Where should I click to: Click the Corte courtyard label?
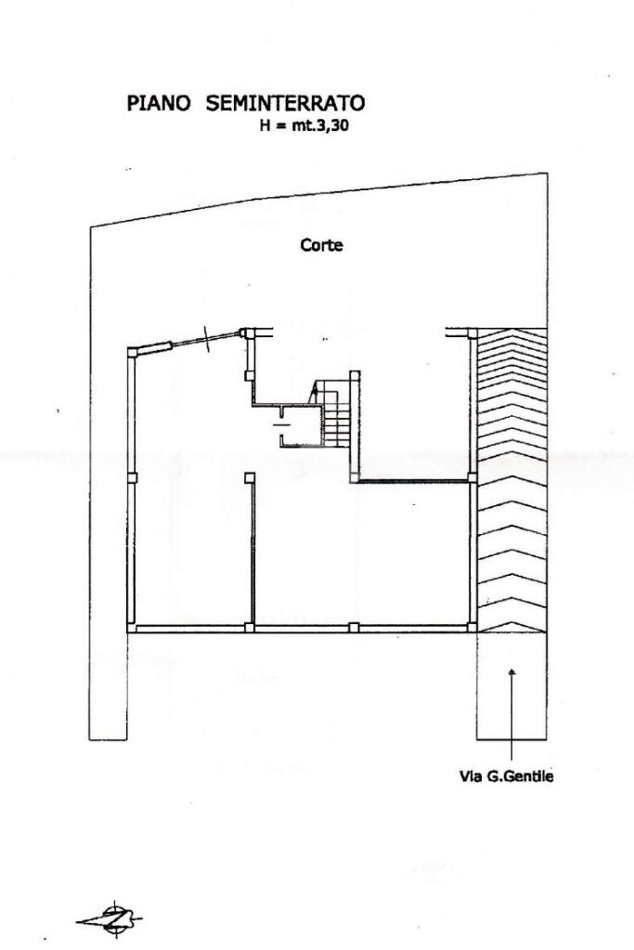point(321,246)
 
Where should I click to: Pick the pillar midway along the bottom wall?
point(353,628)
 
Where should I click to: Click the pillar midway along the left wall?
point(132,477)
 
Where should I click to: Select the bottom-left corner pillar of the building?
point(132,628)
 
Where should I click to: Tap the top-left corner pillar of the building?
point(132,350)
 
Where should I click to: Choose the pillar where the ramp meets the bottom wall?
point(472,628)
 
